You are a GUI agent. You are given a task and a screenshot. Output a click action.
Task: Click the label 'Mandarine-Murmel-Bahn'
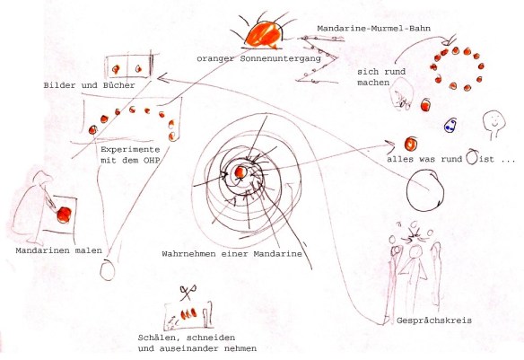pos(373,29)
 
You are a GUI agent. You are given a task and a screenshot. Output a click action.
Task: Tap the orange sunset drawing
pos(264,34)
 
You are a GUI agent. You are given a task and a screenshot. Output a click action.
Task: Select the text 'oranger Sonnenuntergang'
pos(258,59)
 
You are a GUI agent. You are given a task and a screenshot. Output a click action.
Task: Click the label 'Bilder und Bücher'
pos(89,85)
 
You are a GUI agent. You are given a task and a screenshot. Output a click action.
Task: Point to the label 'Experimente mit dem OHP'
pos(130,154)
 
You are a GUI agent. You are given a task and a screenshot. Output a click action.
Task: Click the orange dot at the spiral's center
pos(240,172)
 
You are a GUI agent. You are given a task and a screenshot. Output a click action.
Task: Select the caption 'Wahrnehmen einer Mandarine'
pos(231,254)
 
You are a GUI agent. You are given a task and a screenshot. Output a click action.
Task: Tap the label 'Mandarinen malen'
pos(58,250)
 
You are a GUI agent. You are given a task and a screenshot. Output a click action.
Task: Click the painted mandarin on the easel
pos(64,215)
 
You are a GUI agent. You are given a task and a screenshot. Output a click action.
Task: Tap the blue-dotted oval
pos(450,125)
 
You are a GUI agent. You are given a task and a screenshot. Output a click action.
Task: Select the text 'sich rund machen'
pos(381,77)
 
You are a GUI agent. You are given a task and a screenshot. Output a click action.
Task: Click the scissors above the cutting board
pos(188,293)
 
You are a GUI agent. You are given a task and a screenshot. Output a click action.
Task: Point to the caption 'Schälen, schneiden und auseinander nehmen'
pos(197,343)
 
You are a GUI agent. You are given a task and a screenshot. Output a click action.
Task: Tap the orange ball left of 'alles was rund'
pos(410,144)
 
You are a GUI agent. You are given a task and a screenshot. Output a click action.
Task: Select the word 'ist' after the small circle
pos(486,160)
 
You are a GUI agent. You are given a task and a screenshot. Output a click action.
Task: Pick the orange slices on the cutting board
pos(188,313)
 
